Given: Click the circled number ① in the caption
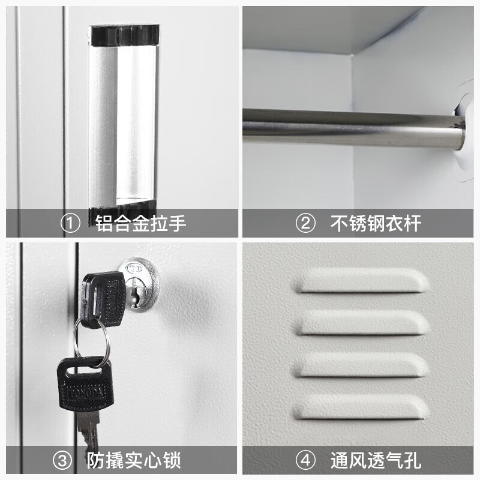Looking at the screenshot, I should [x=70, y=224].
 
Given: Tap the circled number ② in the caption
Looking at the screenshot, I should [x=306, y=224].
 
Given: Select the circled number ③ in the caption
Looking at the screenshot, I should [x=62, y=461].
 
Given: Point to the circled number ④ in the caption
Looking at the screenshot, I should [x=306, y=461].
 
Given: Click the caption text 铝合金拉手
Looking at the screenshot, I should [x=141, y=224].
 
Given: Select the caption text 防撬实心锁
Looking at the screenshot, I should [x=133, y=461].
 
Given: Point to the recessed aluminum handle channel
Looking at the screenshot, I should [x=123, y=120].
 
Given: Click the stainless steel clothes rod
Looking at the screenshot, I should [x=348, y=127].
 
